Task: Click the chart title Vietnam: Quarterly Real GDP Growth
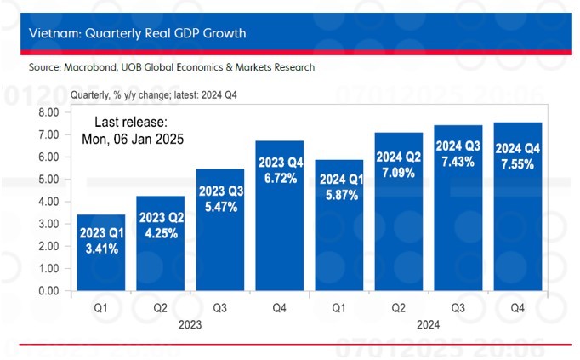click(137, 34)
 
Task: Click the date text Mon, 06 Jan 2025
click(133, 138)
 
